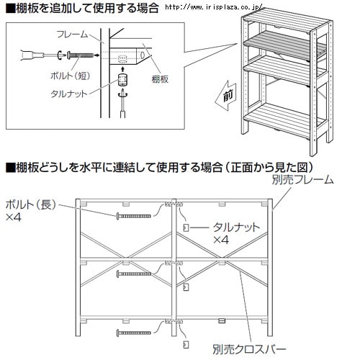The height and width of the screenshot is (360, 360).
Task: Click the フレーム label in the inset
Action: click(72, 35)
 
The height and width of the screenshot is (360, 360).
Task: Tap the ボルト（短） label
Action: click(71, 76)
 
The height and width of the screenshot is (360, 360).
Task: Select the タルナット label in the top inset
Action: click(69, 94)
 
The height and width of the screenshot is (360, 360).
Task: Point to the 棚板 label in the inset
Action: click(160, 79)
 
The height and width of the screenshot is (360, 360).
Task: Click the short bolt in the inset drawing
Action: click(80, 55)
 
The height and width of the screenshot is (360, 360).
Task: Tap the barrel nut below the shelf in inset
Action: click(122, 80)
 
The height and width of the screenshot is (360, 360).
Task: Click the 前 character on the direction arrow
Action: click(228, 96)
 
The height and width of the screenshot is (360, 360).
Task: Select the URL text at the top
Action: click(214, 7)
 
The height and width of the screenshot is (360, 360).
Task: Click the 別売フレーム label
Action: click(303, 179)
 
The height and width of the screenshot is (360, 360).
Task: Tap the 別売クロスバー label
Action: click(249, 349)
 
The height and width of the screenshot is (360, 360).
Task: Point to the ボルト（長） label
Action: click(31, 204)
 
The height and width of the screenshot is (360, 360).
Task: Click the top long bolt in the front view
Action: click(134, 216)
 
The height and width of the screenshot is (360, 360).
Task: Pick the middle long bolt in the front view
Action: click(134, 274)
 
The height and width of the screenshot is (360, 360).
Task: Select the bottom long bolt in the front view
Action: click(134, 333)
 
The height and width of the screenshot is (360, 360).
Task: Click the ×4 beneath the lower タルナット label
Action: click(221, 240)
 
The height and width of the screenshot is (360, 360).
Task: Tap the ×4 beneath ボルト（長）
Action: click(13, 217)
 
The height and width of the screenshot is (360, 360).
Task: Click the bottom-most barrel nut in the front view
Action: click(186, 345)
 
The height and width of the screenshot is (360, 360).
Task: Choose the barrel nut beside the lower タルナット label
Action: click(186, 228)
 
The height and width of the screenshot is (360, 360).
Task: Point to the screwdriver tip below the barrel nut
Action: click(122, 91)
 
